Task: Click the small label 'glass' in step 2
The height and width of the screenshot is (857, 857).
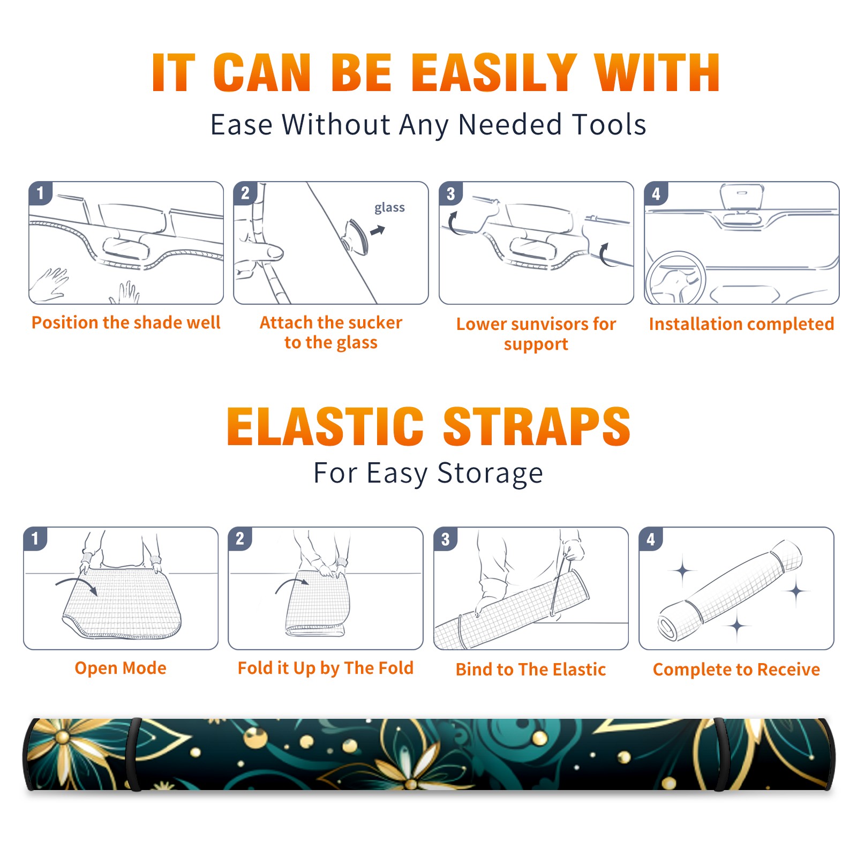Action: [x=389, y=207]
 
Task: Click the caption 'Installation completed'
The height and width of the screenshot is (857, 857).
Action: [x=741, y=324]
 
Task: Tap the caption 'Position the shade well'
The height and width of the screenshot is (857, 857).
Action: [x=126, y=322]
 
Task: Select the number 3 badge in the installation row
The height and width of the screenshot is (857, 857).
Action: [x=451, y=193]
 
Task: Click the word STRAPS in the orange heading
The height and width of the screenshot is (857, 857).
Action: [x=537, y=426]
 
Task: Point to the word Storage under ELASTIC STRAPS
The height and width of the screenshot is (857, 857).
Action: [x=490, y=473]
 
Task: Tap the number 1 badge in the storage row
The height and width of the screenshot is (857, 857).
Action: [x=35, y=538]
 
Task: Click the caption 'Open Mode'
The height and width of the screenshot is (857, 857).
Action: [x=121, y=668]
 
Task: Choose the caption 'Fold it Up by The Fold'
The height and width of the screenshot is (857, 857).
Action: [x=325, y=668]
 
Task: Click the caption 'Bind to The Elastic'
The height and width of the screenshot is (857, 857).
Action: [x=531, y=670]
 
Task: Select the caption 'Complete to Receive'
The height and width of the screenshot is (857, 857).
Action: [x=736, y=670]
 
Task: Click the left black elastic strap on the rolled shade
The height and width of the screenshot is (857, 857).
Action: [x=135, y=754]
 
